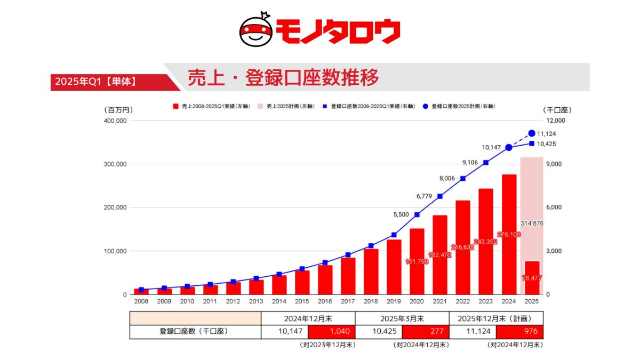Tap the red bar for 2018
pos(371,271)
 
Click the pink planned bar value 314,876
pos(532,223)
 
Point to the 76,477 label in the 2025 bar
pos(532,278)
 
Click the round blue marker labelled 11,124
pos(532,133)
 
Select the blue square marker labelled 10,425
pos(532,143)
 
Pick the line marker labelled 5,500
pos(417,215)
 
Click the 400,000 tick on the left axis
pos(115,121)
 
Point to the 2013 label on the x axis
pos(256,301)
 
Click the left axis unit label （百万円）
pos(117,110)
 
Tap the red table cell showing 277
pos(426,332)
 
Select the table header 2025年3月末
pos(402,318)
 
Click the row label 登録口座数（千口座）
pos(195,332)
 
